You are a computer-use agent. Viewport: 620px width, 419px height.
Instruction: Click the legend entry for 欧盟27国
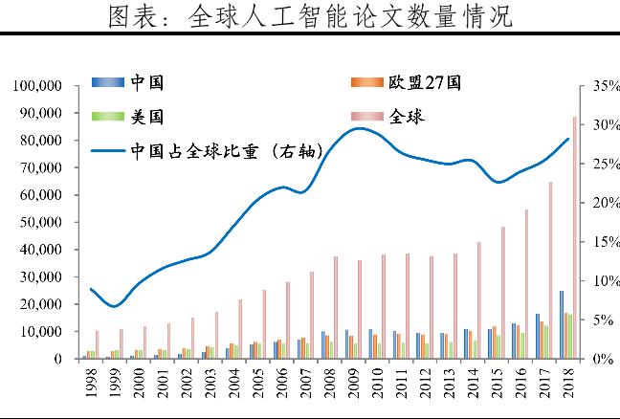425,82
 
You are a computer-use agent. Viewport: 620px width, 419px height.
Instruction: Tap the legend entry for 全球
409,117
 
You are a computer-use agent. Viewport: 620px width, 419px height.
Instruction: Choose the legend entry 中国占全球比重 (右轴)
226,150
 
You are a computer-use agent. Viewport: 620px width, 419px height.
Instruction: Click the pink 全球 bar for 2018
575,238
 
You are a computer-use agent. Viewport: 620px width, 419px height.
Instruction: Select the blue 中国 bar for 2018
562,324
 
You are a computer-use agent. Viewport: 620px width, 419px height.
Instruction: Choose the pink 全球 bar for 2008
336,307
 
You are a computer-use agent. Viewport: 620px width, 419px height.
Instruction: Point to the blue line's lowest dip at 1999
115,306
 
